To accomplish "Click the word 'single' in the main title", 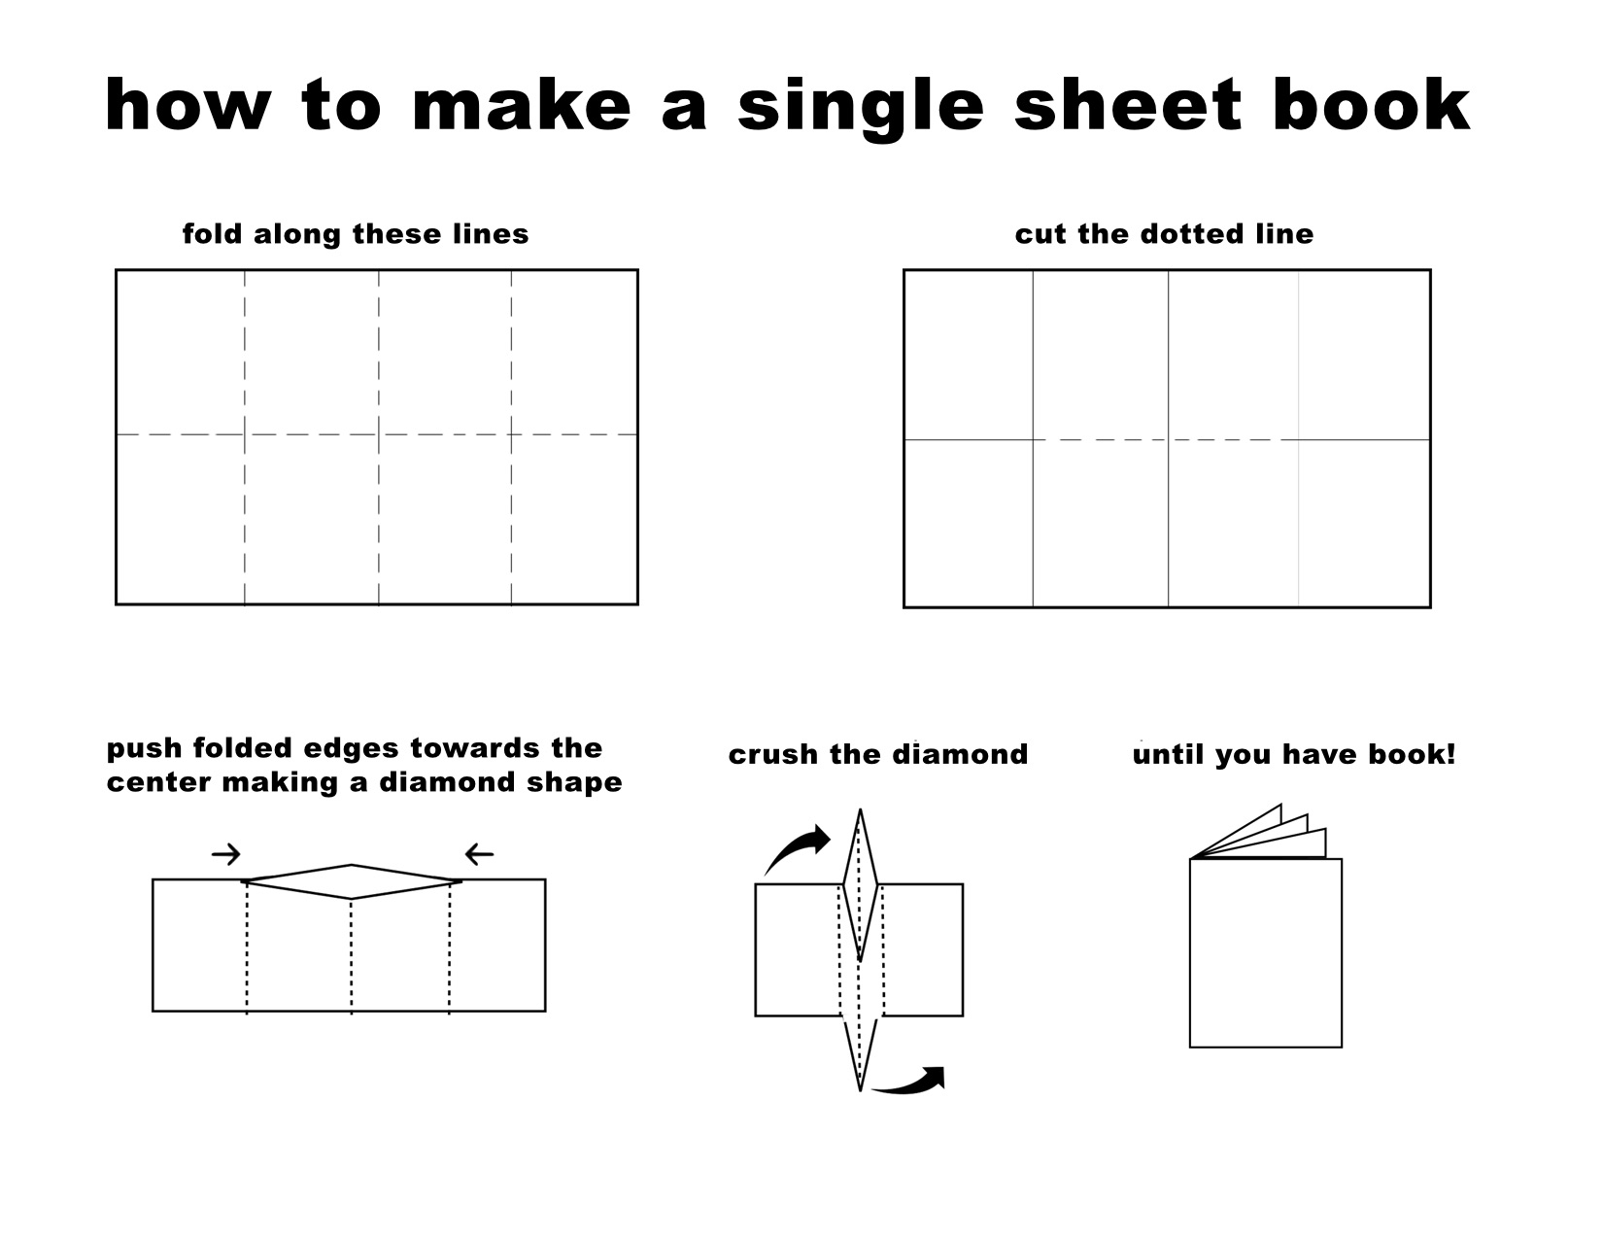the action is (x=861, y=108).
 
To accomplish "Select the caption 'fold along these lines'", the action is (x=356, y=234).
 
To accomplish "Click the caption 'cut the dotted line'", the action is (x=1164, y=234).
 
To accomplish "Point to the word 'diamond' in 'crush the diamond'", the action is (x=959, y=754).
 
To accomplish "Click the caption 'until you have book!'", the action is (x=1294, y=755).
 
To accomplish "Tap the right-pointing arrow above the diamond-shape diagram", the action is (x=225, y=854).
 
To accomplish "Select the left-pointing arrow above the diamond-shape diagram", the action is (x=480, y=854).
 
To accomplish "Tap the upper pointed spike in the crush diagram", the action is (x=860, y=885).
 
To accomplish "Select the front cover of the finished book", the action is (x=1266, y=952).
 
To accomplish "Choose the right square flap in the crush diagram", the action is (x=921, y=949).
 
